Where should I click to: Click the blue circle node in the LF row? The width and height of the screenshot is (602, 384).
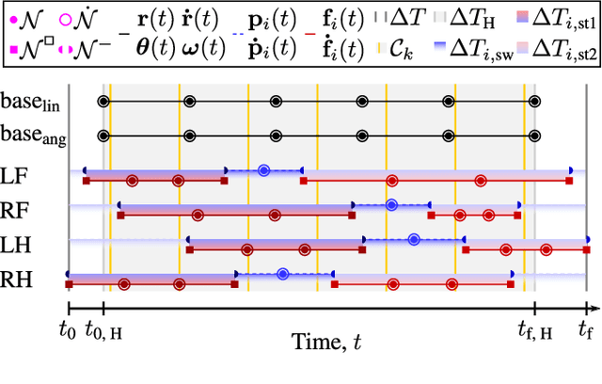(x=264, y=170)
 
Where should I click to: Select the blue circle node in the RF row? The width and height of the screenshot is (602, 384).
(x=391, y=204)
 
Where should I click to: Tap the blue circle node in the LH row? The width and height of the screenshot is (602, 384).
(x=414, y=240)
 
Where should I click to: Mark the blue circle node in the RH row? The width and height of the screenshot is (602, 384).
(x=283, y=275)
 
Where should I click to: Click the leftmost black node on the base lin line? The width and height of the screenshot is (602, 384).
(x=103, y=101)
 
